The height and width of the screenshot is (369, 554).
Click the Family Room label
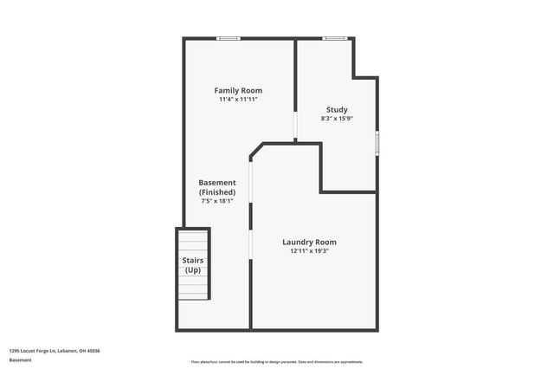pos(238,90)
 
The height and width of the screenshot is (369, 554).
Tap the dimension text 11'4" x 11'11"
pos(238,100)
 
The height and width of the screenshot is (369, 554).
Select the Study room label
pos(337,109)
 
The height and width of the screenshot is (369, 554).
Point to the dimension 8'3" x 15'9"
pos(337,119)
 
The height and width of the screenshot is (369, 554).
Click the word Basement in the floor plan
pos(217,182)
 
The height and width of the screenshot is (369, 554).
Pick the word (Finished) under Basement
pos(217,191)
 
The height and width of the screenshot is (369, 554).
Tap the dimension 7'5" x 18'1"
pos(217,201)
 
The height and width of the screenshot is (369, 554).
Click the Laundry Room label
pos(309,242)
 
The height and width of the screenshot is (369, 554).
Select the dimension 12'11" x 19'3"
pos(309,251)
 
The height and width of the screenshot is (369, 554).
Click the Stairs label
pos(192,260)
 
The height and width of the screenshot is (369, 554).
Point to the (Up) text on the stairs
pos(192,270)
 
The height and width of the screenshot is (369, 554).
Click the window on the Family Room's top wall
pos(229,38)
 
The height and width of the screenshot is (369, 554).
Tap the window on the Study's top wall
pos(335,38)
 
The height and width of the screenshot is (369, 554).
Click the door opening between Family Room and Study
pos(295,126)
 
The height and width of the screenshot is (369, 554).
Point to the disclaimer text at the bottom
pos(276,361)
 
